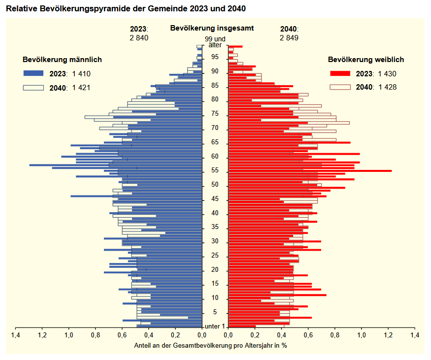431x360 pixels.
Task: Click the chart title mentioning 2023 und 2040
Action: click(x=126, y=9)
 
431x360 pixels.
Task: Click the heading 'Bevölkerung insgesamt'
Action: click(x=212, y=28)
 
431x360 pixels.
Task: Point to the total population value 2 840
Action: click(x=139, y=37)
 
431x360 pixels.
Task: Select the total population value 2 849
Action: click(x=289, y=37)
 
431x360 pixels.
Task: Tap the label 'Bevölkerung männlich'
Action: click(x=62, y=60)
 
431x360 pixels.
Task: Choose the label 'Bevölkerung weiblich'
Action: click(x=366, y=60)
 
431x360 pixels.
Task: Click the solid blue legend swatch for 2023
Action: click(x=33, y=74)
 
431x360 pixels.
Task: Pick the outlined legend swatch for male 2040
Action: click(x=33, y=88)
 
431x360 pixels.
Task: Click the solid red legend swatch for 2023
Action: click(x=339, y=74)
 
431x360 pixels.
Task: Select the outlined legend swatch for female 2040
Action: click(x=339, y=87)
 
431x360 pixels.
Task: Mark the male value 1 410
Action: click(x=81, y=74)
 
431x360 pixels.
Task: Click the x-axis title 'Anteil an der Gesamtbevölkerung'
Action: click(x=210, y=345)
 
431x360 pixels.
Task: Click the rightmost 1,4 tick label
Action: click(x=415, y=335)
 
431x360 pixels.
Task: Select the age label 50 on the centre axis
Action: click(x=215, y=185)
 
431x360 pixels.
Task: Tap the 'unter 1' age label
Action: click(x=215, y=327)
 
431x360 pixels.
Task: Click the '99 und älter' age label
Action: click(x=215, y=42)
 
